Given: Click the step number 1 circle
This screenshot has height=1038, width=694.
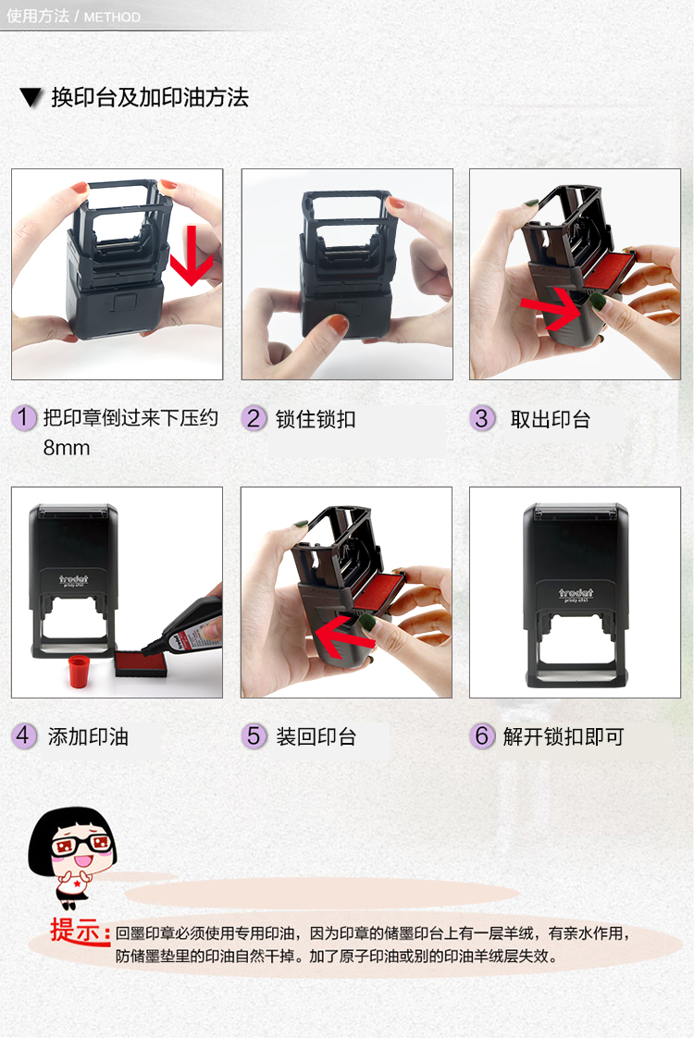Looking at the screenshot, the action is (x=23, y=418).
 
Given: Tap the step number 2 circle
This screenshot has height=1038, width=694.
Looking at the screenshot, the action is (x=253, y=418).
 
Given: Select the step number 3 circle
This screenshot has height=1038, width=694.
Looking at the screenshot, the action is (x=482, y=418).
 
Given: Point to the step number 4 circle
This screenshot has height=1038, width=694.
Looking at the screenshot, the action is (x=23, y=735).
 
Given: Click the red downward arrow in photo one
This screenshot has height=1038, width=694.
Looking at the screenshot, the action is (x=192, y=255).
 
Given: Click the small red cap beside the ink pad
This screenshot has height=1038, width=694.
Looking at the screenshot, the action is (x=79, y=672).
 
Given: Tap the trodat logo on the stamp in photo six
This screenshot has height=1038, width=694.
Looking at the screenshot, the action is (x=576, y=593).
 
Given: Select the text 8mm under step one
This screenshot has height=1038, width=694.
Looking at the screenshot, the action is (x=67, y=448).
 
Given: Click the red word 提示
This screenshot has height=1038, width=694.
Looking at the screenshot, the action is (x=80, y=931).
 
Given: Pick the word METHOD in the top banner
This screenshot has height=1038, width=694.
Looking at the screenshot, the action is (x=112, y=18).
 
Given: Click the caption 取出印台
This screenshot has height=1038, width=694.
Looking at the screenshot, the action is (x=550, y=419).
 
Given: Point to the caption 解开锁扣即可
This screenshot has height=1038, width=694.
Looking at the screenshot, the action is (x=564, y=736).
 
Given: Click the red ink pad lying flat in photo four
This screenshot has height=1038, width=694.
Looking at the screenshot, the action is (x=141, y=662).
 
